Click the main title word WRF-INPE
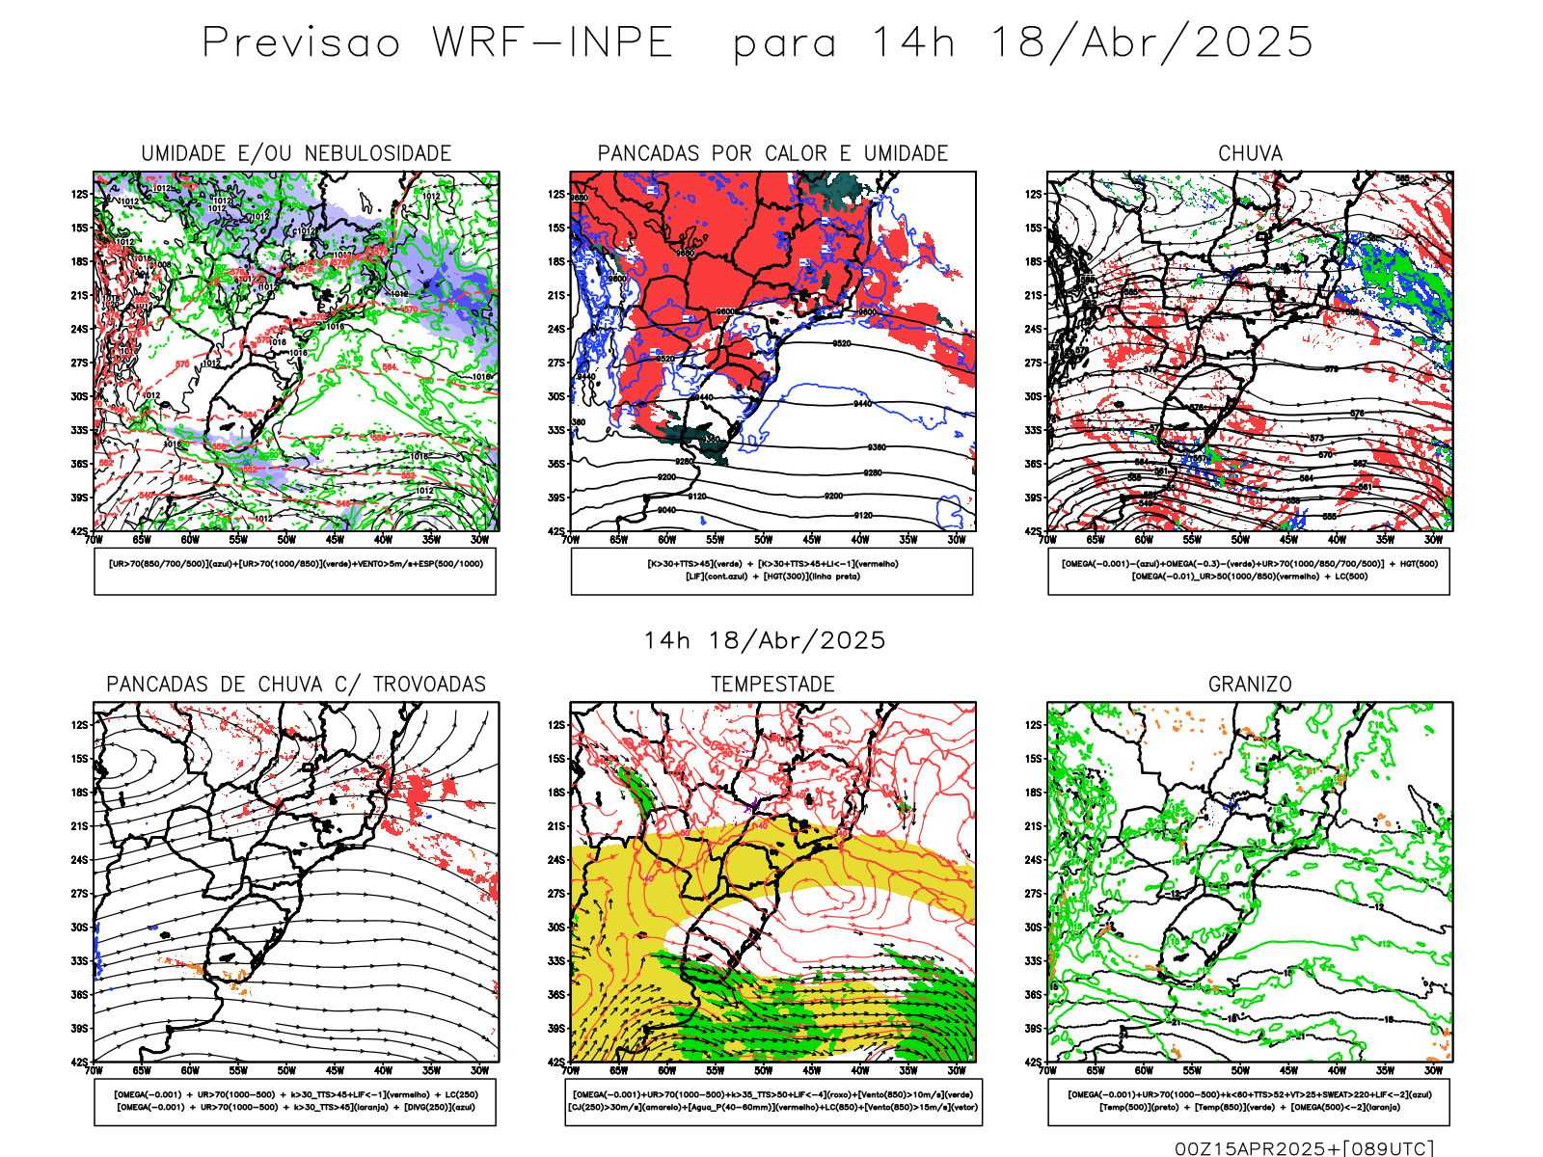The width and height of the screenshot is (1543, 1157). click(x=553, y=42)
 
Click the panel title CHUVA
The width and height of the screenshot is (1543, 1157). click(x=1250, y=153)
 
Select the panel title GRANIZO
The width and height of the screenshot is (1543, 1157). click(x=1250, y=685)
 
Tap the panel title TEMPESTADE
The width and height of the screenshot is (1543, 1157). click(x=772, y=685)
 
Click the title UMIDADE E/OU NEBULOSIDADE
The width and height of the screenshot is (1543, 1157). click(x=296, y=153)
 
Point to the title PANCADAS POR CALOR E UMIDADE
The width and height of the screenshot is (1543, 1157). click(x=772, y=153)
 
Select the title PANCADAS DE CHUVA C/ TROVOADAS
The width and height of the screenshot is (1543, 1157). click(x=296, y=685)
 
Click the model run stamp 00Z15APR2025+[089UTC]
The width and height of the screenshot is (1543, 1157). click(x=1304, y=1147)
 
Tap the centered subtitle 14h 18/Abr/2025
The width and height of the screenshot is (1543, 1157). click(x=764, y=640)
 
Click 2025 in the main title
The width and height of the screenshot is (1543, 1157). click(x=1254, y=42)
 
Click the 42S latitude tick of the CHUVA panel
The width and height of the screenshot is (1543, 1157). click(x=1035, y=531)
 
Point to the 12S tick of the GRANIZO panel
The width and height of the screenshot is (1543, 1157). click(x=1035, y=725)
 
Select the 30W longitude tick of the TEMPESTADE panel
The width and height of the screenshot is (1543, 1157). click(x=957, y=1070)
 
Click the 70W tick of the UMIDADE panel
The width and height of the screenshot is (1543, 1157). click(x=94, y=540)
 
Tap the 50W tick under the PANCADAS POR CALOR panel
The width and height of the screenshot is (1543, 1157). click(x=763, y=540)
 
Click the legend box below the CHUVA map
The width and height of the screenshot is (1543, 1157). click(x=1249, y=571)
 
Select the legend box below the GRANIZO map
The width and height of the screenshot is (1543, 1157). click(x=1249, y=1101)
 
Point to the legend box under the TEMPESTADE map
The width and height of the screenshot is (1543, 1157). click(x=772, y=1101)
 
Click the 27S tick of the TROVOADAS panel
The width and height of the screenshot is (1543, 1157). click(x=79, y=894)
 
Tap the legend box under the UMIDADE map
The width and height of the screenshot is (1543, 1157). click(x=295, y=571)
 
